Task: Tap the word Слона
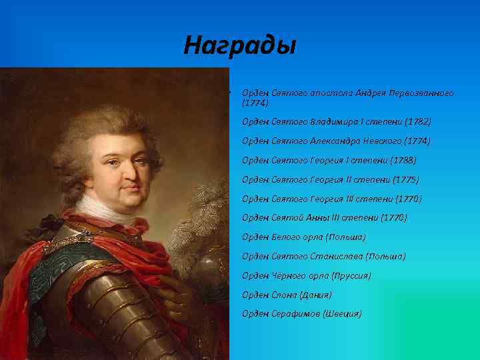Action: click(284, 294)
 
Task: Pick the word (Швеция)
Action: click(342, 313)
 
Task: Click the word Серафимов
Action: click(296, 313)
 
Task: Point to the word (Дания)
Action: click(316, 294)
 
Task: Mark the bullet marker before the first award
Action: click(229, 92)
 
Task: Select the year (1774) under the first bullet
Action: click(255, 103)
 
